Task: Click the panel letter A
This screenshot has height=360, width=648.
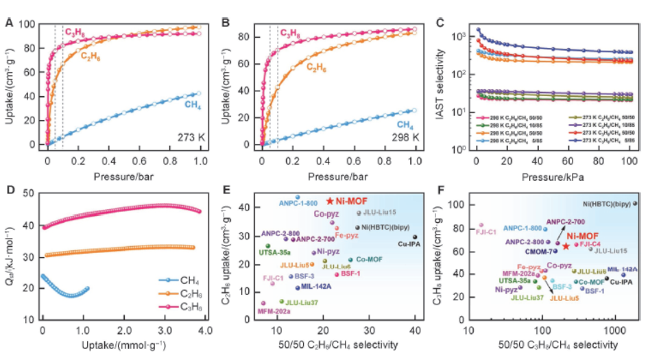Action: pos(9,22)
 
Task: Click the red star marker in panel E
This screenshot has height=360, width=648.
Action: pos(330,201)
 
